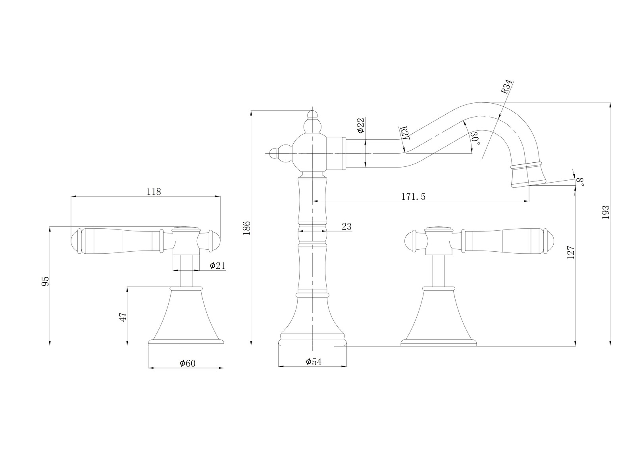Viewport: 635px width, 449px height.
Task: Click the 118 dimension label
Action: pyautogui.click(x=154, y=192)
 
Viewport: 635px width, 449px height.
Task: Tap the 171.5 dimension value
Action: pyautogui.click(x=413, y=196)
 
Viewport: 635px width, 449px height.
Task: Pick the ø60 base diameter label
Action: pyautogui.click(x=188, y=363)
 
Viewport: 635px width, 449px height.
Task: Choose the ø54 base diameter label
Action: pyautogui.click(x=314, y=362)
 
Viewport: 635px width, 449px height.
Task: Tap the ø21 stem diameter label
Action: pyautogui.click(x=217, y=266)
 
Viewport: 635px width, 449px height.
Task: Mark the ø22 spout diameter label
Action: pyautogui.click(x=360, y=125)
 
